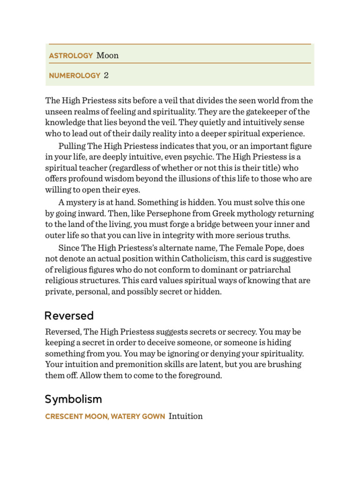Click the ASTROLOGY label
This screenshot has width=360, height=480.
pos(71,56)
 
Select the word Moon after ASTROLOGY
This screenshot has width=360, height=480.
pos(107,55)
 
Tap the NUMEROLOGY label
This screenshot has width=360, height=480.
pos(75,75)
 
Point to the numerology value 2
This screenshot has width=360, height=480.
pos(106,75)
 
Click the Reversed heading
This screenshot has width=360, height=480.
pos(69,315)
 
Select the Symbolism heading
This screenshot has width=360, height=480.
pos(73,399)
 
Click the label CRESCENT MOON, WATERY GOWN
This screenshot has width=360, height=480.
pos(105,416)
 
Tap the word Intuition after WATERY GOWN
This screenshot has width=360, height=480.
pos(186,416)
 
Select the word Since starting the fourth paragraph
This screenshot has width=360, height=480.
pos(69,247)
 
